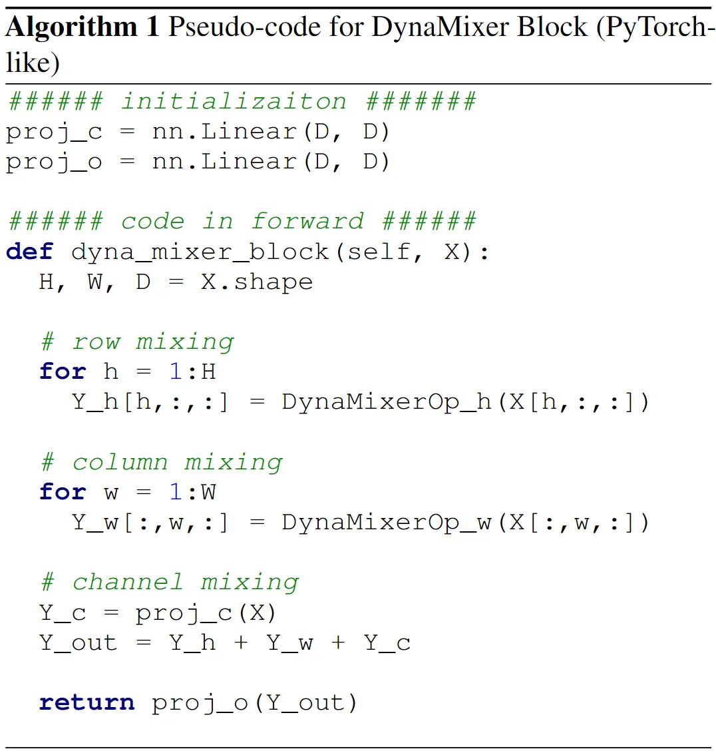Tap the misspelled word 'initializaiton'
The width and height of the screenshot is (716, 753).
pyautogui.click(x=234, y=101)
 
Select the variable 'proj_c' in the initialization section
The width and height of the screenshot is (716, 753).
pyautogui.click(x=54, y=132)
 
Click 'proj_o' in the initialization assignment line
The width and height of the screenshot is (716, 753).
pyautogui.click(x=54, y=162)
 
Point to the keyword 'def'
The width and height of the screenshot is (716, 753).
pyautogui.click(x=29, y=252)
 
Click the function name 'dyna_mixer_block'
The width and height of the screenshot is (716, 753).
pyautogui.click(x=200, y=252)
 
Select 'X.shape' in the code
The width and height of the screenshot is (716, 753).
pyautogui.click(x=257, y=282)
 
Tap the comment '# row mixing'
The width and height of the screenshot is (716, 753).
pyautogui.click(x=136, y=342)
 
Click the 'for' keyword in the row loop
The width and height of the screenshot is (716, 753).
pyautogui.click(x=63, y=372)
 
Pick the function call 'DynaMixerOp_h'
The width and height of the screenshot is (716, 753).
pyautogui.click(x=386, y=402)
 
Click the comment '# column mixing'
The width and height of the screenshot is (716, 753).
pyautogui.click(x=161, y=462)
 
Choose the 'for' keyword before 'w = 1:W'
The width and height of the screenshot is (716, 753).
pyautogui.click(x=63, y=492)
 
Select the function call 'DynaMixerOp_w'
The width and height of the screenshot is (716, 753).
pyautogui.click(x=386, y=522)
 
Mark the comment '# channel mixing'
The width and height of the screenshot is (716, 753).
pyautogui.click(x=169, y=582)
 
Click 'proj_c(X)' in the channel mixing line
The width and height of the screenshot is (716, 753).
pyautogui.click(x=206, y=613)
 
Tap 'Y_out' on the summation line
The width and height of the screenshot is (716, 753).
pyautogui.click(x=78, y=642)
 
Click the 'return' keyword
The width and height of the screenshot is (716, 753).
pyautogui.click(x=87, y=702)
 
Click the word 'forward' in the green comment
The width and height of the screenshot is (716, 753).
pyautogui.click(x=307, y=221)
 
